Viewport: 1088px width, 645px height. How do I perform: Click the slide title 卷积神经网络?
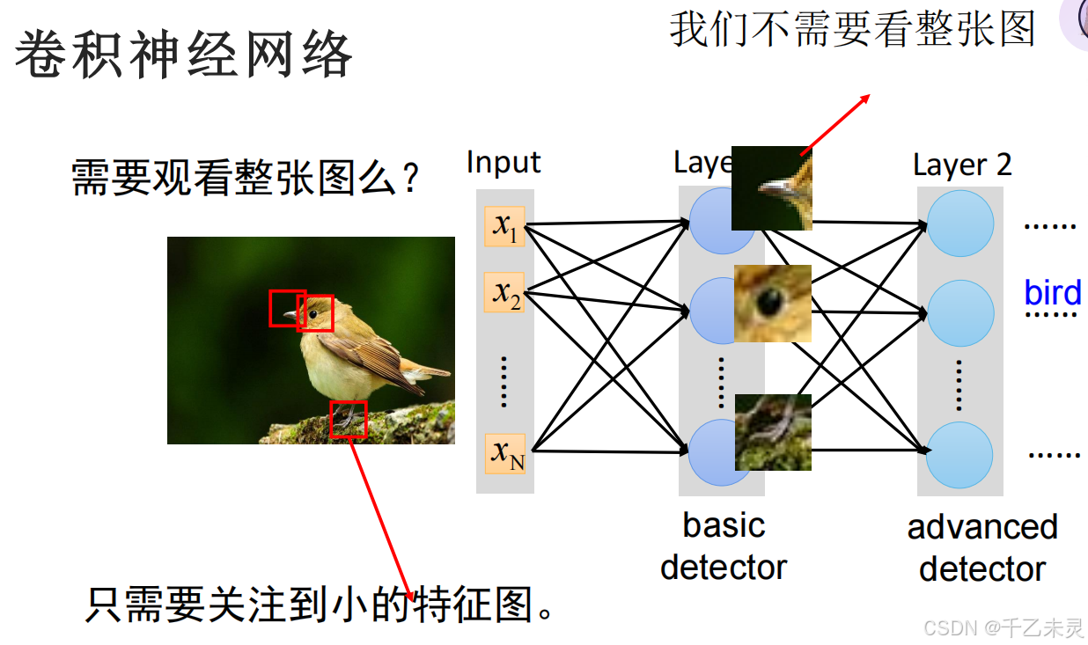tap(183, 55)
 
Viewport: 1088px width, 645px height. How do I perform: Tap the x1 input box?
tap(504, 226)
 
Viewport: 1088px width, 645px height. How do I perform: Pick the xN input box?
tap(505, 453)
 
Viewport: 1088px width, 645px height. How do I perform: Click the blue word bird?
tap(1052, 293)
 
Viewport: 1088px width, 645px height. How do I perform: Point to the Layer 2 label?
tap(961, 165)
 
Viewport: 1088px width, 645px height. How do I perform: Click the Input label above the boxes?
tap(503, 163)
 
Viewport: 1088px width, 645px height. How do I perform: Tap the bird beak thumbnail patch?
tap(771, 187)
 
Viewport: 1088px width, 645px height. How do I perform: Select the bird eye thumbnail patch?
tap(772, 304)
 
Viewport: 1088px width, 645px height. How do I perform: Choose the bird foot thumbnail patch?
tap(772, 432)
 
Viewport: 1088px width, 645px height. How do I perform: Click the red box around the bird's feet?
tap(348, 420)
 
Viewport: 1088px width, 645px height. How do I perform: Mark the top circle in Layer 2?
tap(960, 224)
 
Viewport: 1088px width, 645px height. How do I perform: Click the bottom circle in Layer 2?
tap(959, 456)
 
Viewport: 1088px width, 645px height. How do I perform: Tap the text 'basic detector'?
tap(723, 546)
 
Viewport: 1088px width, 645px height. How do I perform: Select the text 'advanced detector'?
tap(981, 548)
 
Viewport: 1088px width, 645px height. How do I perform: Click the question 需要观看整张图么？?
tap(245, 178)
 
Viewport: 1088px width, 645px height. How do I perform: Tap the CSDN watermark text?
tap(1003, 627)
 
